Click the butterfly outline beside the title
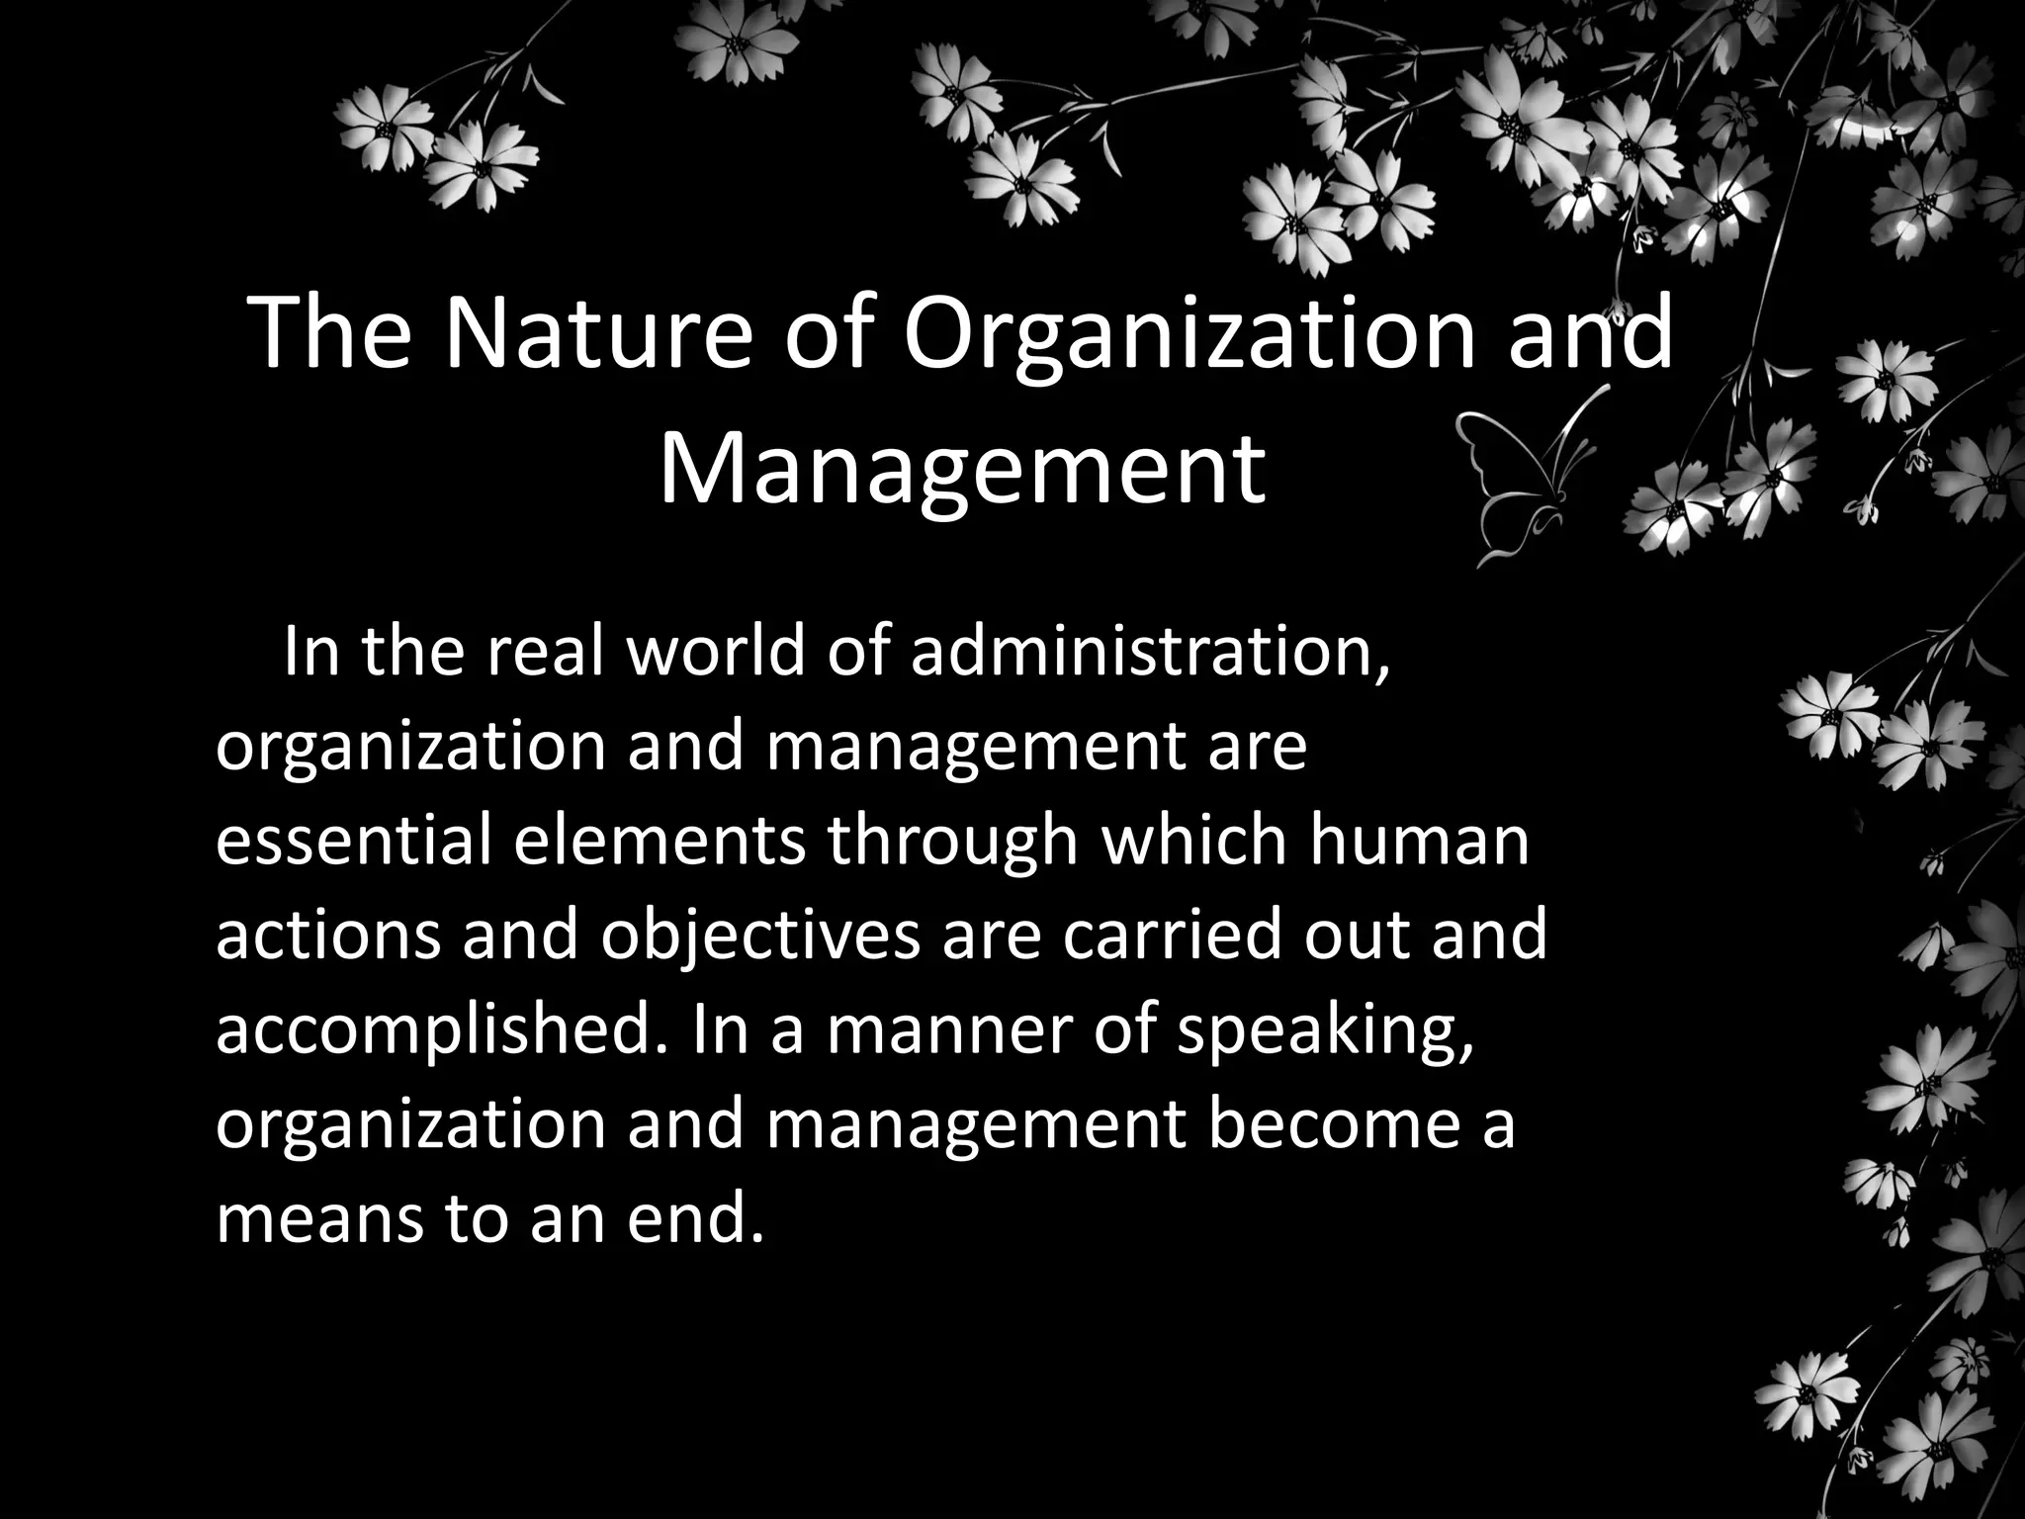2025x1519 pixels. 1528,475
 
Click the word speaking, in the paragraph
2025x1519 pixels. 1325,1029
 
